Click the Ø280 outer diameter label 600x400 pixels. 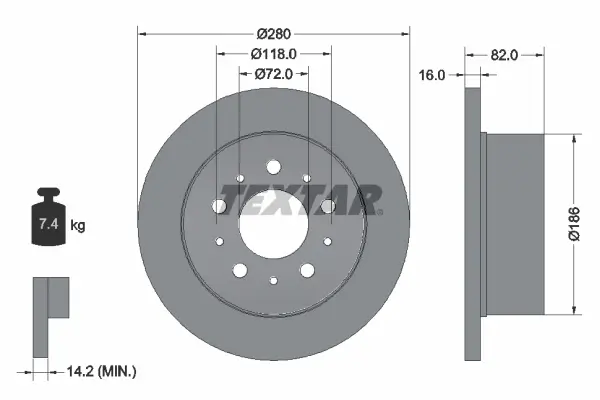[273, 33]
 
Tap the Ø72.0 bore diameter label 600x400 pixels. [273, 73]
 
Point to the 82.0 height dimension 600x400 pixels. [504, 56]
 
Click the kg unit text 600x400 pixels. [78, 226]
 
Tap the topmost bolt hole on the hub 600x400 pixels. [273, 165]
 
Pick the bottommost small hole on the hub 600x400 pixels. [273, 283]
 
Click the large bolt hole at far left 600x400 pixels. [219, 204]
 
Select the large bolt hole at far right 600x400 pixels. [327, 205]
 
